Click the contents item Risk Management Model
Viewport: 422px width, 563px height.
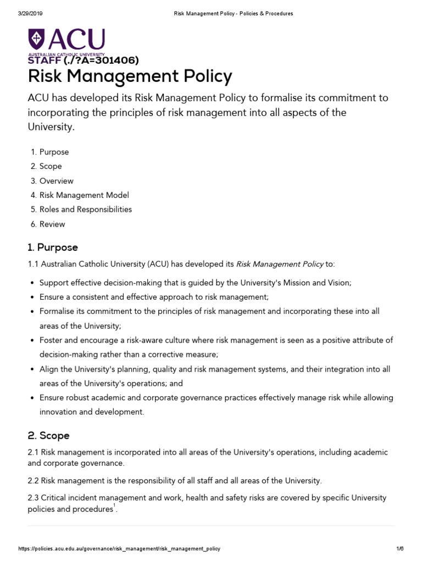[84, 195]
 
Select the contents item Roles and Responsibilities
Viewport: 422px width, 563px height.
[85, 209]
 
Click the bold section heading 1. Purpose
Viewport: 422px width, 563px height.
[53, 247]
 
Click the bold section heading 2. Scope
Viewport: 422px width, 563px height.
[48, 435]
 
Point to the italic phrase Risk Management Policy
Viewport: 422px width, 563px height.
[280, 264]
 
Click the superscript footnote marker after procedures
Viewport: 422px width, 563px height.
[114, 506]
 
